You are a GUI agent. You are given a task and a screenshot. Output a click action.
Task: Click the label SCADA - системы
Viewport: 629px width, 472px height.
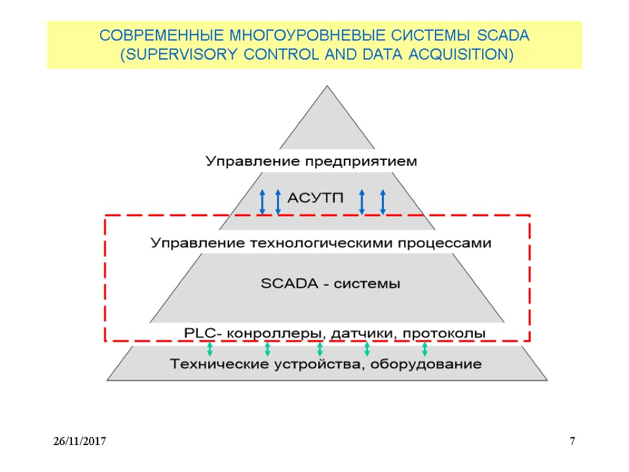330,285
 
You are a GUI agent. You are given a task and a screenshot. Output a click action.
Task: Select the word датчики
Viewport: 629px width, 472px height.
360,333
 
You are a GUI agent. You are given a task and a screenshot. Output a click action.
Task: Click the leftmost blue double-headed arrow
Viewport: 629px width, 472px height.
262,202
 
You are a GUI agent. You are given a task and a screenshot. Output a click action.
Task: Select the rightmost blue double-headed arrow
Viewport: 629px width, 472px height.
383,202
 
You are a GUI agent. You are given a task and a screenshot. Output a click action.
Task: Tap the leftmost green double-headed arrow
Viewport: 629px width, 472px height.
209,350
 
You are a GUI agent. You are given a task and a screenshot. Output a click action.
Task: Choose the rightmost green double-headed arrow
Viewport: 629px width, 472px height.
424,350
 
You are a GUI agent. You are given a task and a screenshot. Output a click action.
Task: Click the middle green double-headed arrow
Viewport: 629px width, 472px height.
320,350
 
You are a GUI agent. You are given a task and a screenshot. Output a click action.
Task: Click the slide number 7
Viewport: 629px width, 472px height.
572,441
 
